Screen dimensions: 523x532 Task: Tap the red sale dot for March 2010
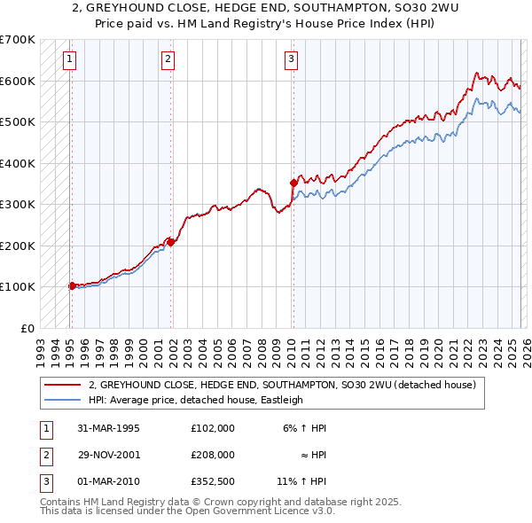click(293, 183)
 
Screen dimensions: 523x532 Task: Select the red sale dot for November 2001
click(170, 241)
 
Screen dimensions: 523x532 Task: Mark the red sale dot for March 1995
click(72, 285)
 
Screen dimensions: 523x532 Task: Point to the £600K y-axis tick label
click(17, 81)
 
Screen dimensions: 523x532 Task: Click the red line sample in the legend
click(63, 385)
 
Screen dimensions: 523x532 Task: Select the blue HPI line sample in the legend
click(63, 400)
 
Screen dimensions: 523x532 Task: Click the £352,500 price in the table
click(213, 482)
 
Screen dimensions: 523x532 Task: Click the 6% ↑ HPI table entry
click(306, 427)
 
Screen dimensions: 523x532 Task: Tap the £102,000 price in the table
click(213, 427)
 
